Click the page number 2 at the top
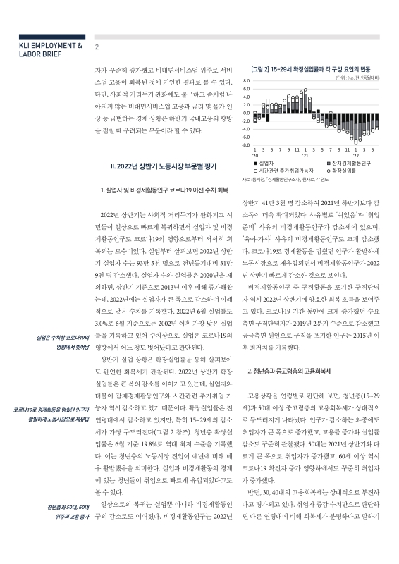pos(97,47)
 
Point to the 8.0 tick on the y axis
pos(247,81)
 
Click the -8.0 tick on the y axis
pos(245,144)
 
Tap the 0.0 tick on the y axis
pos(247,113)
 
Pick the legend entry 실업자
pos(270,164)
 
